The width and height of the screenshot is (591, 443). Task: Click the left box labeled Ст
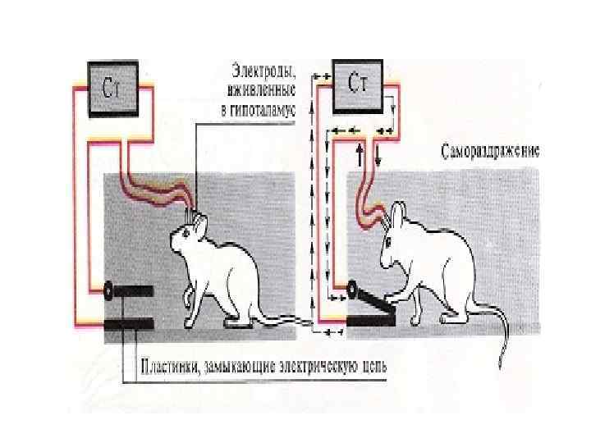tap(116, 86)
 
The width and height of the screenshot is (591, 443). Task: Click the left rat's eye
tap(186, 234)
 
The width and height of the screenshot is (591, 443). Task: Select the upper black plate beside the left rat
tap(131, 290)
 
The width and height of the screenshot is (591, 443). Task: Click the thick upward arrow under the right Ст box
tap(360, 154)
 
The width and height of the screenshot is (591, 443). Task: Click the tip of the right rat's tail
tap(501, 365)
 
